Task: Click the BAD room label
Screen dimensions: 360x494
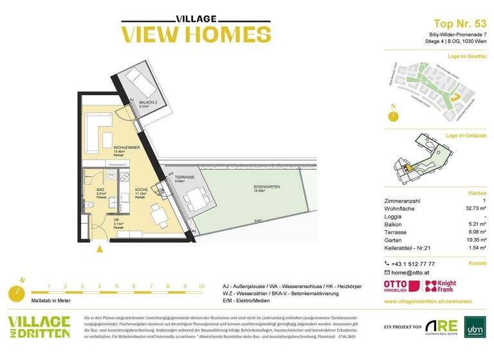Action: [100, 191]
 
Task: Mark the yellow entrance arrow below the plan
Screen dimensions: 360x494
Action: [98, 248]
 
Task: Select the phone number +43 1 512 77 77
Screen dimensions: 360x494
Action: [413, 264]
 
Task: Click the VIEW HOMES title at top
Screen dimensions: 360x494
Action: [187, 33]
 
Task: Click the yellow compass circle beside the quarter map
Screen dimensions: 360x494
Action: [391, 116]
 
